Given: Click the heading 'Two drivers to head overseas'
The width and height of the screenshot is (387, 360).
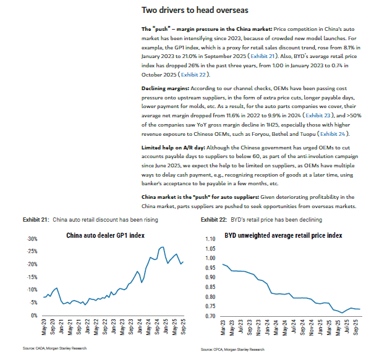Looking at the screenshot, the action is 195,10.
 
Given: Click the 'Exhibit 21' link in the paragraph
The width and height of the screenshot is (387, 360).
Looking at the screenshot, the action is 262,56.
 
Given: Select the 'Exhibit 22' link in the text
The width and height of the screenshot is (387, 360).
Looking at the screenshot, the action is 193,75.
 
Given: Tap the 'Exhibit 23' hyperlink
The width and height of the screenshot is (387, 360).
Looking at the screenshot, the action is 318,115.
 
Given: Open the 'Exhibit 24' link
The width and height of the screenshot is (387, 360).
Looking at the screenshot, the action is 333,134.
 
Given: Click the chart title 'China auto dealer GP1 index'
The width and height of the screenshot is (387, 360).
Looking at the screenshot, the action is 105,235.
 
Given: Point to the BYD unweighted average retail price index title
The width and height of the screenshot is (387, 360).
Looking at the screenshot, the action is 283,235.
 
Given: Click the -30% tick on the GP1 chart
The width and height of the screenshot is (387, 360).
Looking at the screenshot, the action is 32,239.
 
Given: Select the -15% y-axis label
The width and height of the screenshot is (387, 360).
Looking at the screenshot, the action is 32,277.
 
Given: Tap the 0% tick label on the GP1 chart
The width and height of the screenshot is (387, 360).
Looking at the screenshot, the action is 34,316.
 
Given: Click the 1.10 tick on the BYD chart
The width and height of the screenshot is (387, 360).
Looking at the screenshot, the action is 210,239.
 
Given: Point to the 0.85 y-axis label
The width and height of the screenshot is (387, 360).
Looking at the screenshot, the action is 210,287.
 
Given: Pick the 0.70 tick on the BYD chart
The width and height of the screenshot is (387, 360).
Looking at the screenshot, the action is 210,316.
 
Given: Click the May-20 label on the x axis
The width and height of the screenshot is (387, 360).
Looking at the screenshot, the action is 44,327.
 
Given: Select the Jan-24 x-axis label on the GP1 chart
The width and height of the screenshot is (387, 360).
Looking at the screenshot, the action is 140,327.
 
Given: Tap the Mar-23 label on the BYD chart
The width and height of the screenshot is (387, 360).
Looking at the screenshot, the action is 223,328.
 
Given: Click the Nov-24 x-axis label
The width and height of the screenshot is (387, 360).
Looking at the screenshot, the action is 311,328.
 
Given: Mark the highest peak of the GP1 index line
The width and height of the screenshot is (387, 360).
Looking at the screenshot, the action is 163,247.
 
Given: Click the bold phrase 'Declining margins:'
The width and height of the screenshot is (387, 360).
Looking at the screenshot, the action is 165,88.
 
